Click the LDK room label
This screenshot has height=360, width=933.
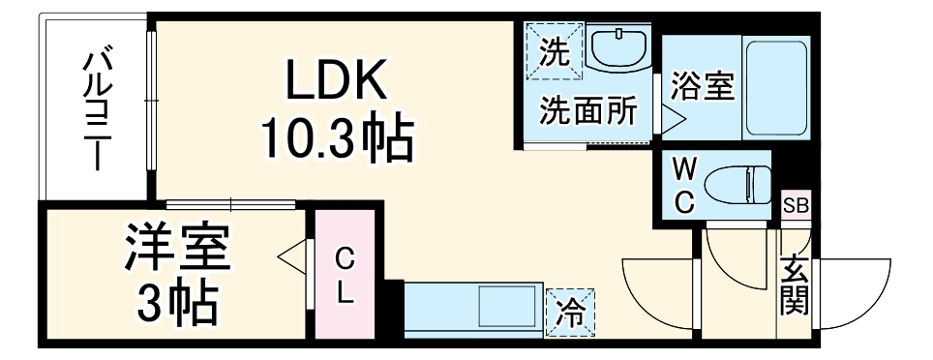tap(336, 81)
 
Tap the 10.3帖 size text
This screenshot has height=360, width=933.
tap(336, 141)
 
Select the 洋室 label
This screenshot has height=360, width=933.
tap(178, 249)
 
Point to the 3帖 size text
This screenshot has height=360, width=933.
tap(177, 304)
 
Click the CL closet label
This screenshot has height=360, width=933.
tap(344, 276)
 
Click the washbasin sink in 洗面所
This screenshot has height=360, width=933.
tap(620, 47)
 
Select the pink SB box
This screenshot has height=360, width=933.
tap(796, 205)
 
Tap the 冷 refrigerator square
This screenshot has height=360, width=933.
tap(570, 312)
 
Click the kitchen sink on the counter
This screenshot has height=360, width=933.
tap(509, 312)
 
